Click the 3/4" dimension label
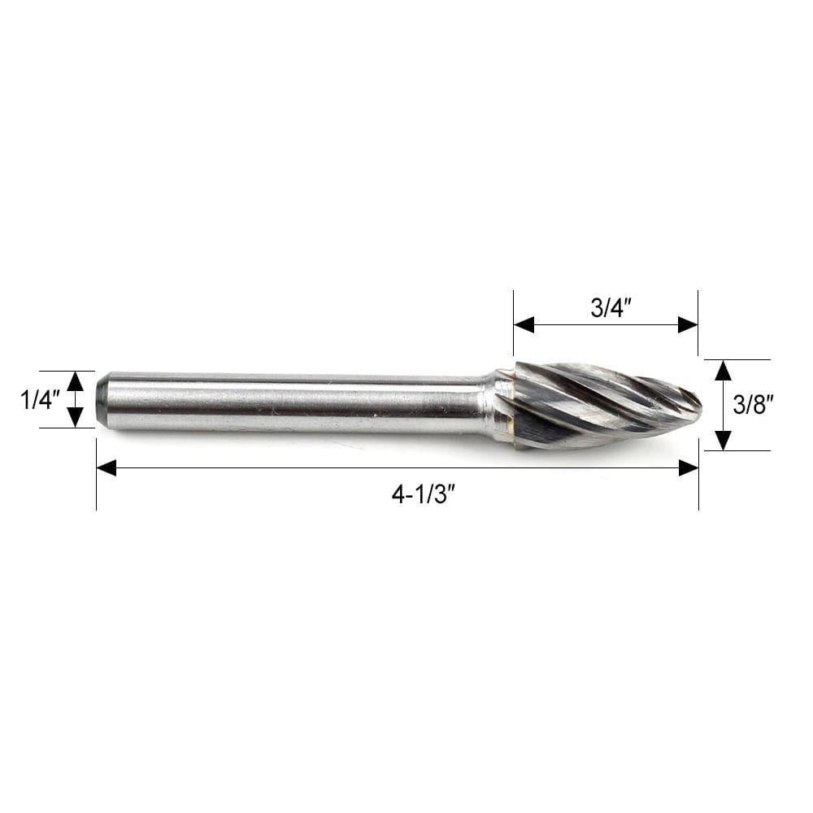tap(606, 308)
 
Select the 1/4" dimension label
tap(40, 399)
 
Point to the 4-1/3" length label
tap(420, 494)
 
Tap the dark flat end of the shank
tap(102, 398)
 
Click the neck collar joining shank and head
tap(497, 404)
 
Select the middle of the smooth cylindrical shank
tap(293, 402)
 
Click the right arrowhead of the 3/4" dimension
tap(688, 325)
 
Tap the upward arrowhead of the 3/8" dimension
tap(723, 371)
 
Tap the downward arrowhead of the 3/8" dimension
tap(723, 440)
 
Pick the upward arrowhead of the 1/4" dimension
tap(75, 380)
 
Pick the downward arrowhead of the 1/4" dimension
tap(75, 417)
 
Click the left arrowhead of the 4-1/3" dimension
tap(107, 467)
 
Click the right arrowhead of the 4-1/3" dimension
tap(689, 467)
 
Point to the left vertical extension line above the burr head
tap(514, 325)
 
